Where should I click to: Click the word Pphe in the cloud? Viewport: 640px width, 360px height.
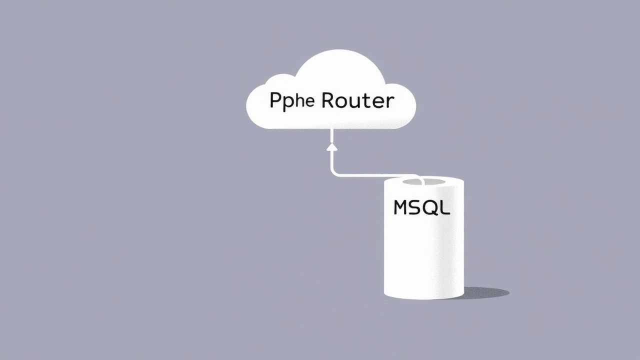coord(292,101)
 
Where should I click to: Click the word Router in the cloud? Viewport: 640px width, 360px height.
coord(357,101)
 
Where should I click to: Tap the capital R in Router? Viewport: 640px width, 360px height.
coord(328,100)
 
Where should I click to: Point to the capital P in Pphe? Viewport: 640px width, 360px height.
coord(275,101)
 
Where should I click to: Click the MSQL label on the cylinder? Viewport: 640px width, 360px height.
coord(421,207)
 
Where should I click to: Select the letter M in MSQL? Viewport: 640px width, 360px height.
coord(402,207)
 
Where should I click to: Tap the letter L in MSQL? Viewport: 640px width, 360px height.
coord(445,207)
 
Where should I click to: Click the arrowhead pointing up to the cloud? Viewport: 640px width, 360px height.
coord(331,147)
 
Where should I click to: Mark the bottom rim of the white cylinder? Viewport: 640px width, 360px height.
coord(424,298)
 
